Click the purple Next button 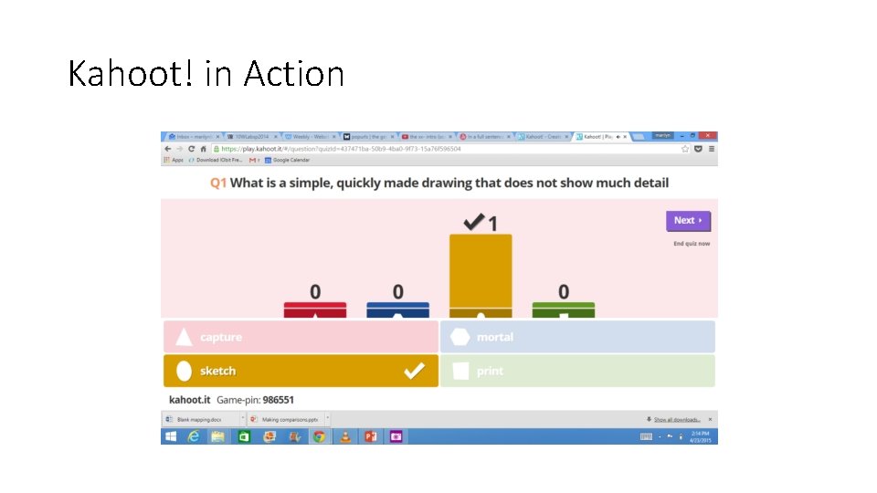point(688,221)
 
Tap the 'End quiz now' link point(692,244)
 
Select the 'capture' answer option point(301,337)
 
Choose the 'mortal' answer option point(577,337)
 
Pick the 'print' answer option point(577,371)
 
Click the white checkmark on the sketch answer point(414,371)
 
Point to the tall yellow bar point(481,274)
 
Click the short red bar point(315,309)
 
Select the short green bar point(564,309)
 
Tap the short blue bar point(397,309)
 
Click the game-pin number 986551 point(278,400)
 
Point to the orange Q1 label point(218,183)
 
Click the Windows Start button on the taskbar point(170,436)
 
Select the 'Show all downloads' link point(676,419)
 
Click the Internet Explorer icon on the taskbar point(194,436)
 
